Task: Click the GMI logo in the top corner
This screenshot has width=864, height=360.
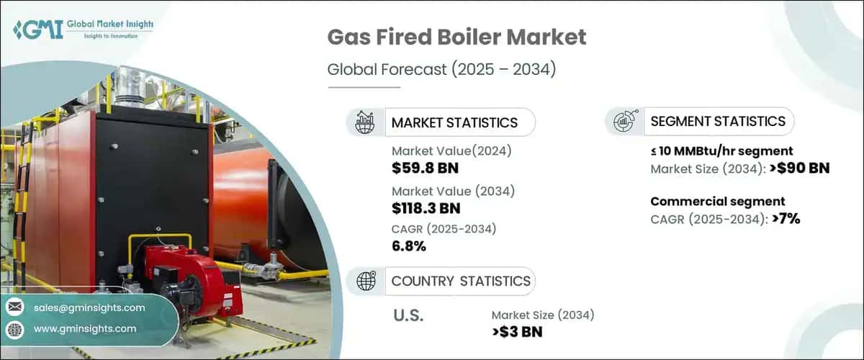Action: pyautogui.click(x=83, y=30)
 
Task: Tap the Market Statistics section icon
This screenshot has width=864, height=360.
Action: pyautogui.click(x=364, y=122)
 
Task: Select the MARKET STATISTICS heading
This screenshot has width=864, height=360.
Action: pyautogui.click(x=454, y=122)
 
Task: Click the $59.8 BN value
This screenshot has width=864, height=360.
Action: pyautogui.click(x=425, y=169)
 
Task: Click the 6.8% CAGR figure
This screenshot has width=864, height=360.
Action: pyautogui.click(x=409, y=246)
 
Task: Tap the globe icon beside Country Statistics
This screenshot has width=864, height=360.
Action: pyautogui.click(x=364, y=281)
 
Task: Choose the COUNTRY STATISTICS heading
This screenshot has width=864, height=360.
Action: pyautogui.click(x=461, y=281)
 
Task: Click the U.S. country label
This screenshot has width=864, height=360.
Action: pyautogui.click(x=408, y=315)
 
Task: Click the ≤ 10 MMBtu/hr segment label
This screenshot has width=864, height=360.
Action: pyautogui.click(x=721, y=151)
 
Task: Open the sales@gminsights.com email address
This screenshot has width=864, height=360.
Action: pyautogui.click(x=89, y=307)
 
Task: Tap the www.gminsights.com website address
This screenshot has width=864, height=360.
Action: pyautogui.click(x=85, y=328)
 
